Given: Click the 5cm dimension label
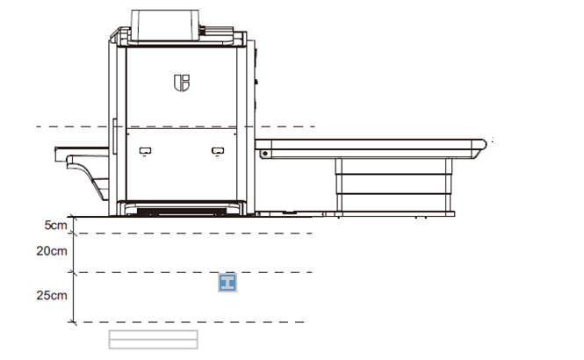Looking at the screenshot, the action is pyautogui.click(x=56, y=226).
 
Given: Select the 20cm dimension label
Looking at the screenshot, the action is pyautogui.click(x=52, y=251).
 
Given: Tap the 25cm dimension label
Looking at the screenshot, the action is pyautogui.click(x=52, y=296).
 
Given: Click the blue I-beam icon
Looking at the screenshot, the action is pyautogui.click(x=227, y=283).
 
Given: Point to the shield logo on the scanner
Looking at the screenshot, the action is pyautogui.click(x=182, y=83).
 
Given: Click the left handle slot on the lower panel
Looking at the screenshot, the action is pyautogui.click(x=145, y=151).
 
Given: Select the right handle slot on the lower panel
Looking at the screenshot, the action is pyautogui.click(x=218, y=151).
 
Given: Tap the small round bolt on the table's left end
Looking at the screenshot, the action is pyautogui.click(x=265, y=154).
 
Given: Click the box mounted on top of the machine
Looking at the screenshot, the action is pyautogui.click(x=165, y=25).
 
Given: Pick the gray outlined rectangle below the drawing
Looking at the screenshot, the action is pyautogui.click(x=153, y=340).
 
